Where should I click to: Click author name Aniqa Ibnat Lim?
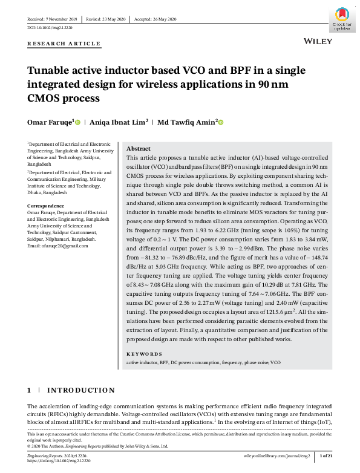(x=118, y=122)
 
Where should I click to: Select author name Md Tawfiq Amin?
(x=186, y=122)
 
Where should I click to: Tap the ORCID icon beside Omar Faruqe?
(x=77, y=122)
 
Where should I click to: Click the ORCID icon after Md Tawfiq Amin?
(x=221, y=122)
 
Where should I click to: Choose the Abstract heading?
(x=139, y=149)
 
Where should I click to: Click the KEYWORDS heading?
(x=144, y=353)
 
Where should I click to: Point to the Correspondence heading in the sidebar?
(x=50, y=206)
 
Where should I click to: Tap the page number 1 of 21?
(x=325, y=455)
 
